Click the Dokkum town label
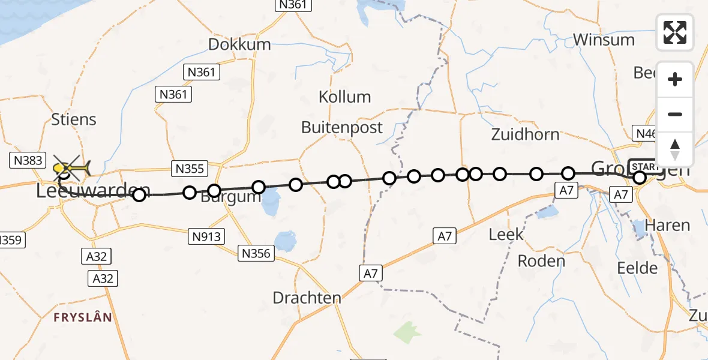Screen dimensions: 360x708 coord(239,44)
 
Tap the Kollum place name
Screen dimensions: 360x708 coord(344,97)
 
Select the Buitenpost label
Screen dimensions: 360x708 coord(342,127)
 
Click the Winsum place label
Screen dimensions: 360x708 coord(604,40)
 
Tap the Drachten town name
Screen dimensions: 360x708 coord(307,298)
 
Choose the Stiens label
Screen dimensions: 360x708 coord(74,119)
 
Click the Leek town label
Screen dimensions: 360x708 coord(506,234)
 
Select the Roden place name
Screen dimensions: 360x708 coord(541,261)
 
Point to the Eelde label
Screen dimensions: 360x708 coord(637,268)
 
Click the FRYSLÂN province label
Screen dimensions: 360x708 coord(83,317)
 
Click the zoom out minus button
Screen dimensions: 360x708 coord(675,115)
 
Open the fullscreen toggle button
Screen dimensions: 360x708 coord(675,32)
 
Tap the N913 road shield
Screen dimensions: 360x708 coord(208,236)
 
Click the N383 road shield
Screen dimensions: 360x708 coord(27,160)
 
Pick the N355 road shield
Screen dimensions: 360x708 coord(189,169)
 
